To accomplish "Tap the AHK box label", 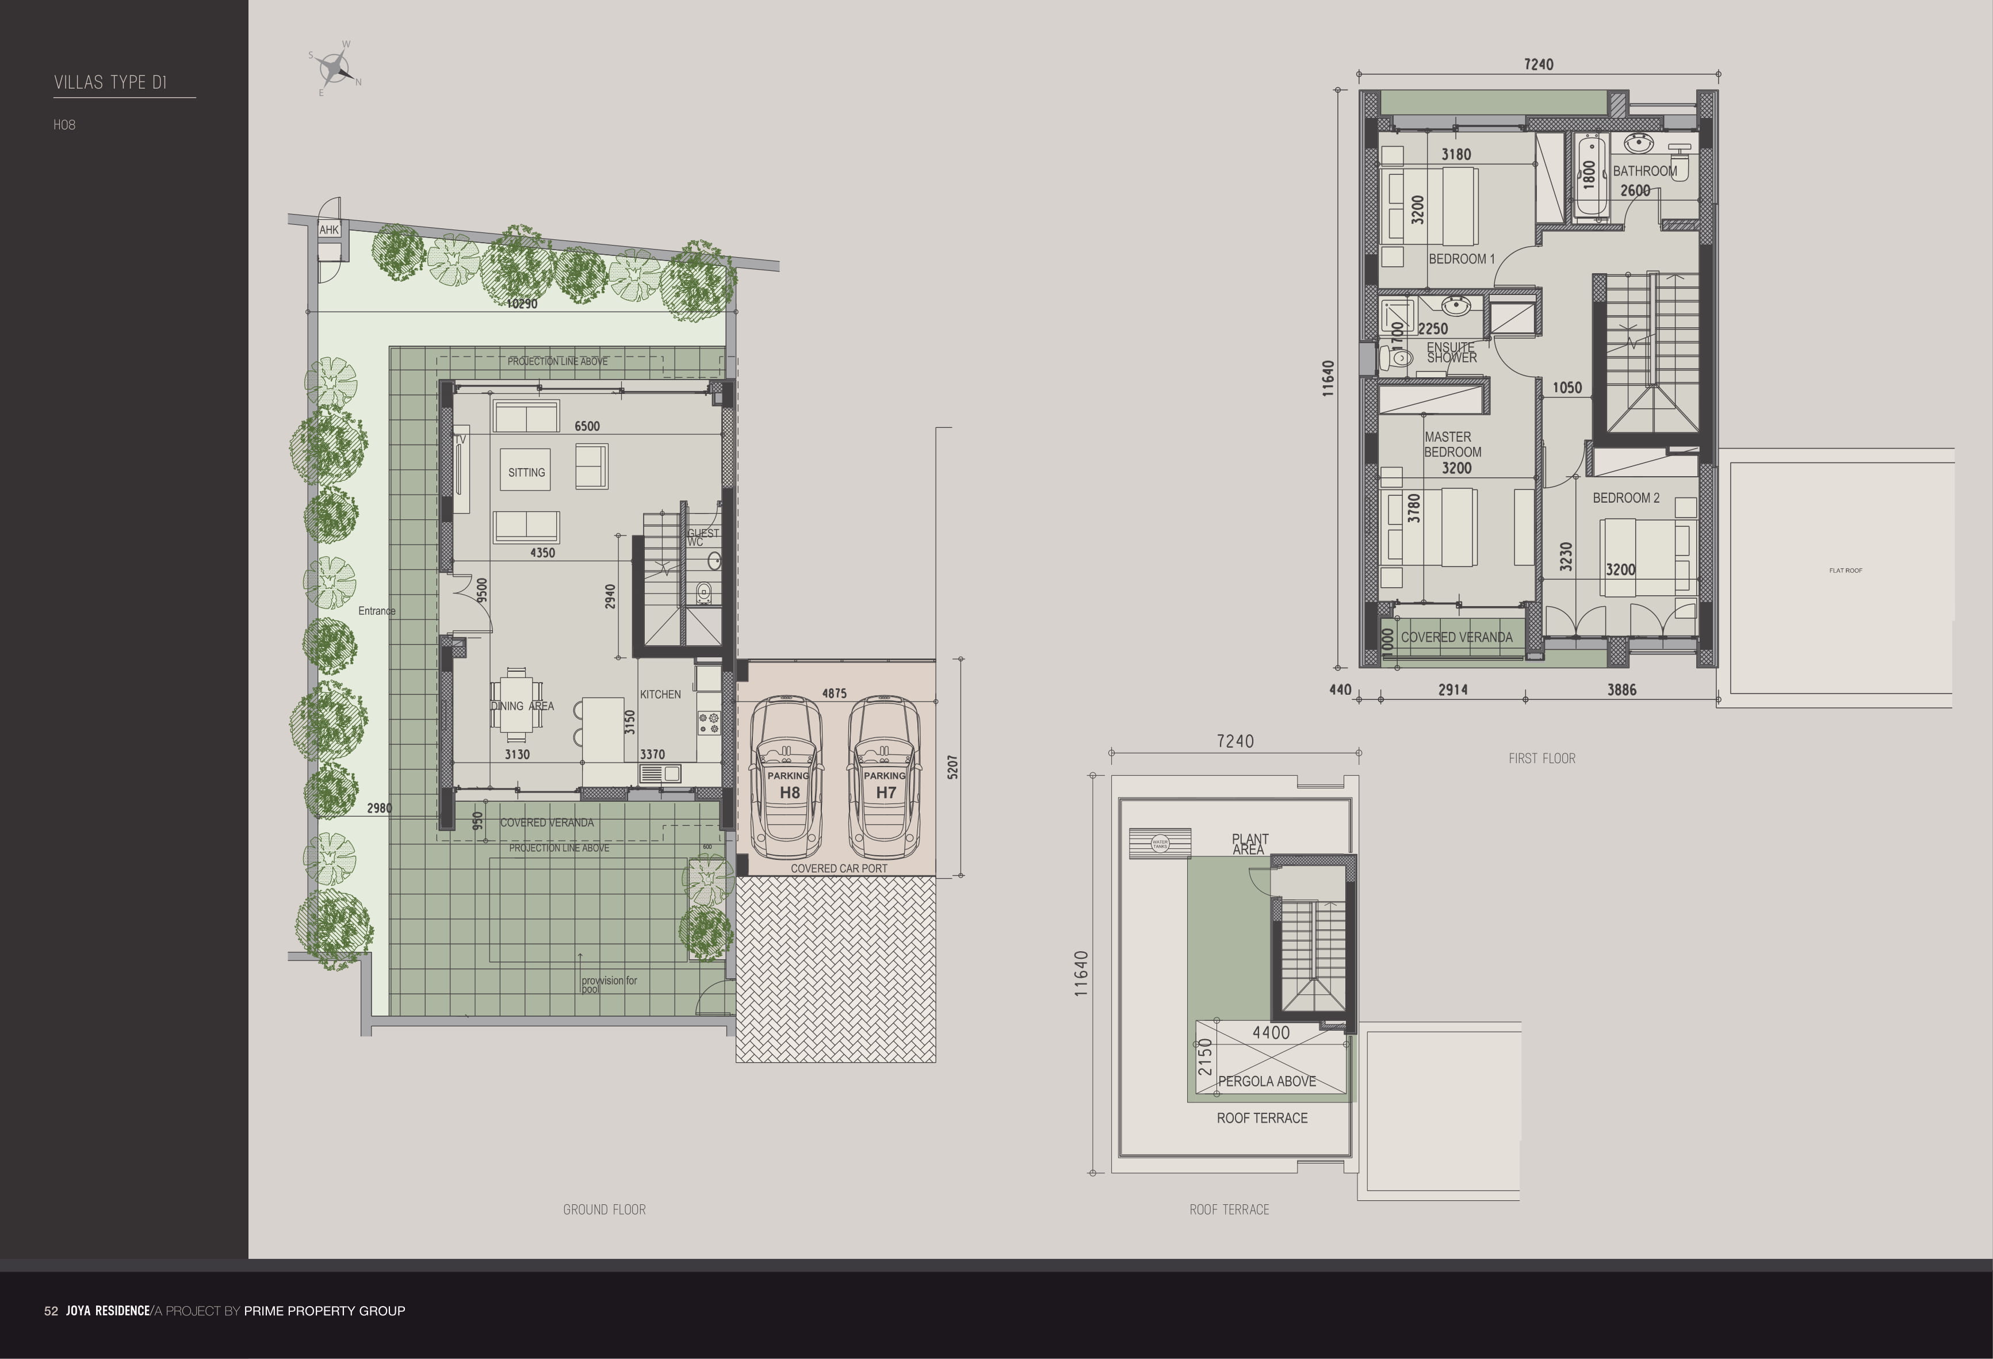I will pyautogui.click(x=330, y=230).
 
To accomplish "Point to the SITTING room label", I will pyautogui.click(x=526, y=472).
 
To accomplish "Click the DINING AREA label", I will pyautogui.click(x=522, y=706).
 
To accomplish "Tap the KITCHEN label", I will pyautogui.click(x=660, y=695).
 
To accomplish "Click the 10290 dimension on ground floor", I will pyautogui.click(x=522, y=304).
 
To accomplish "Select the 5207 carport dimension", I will pyautogui.click(x=952, y=767).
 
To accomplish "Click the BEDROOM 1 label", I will pyautogui.click(x=1462, y=259).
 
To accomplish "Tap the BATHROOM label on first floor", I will pyautogui.click(x=1645, y=171).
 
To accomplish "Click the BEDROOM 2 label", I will pyautogui.click(x=1626, y=498).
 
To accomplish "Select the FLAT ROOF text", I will pyautogui.click(x=1846, y=570).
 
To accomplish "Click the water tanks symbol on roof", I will pyautogui.click(x=1160, y=843).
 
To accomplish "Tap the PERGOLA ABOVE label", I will pyautogui.click(x=1267, y=1081).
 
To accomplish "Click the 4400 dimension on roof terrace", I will pyautogui.click(x=1271, y=1033).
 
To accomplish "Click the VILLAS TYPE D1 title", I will pyautogui.click(x=110, y=82).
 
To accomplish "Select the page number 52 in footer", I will pyautogui.click(x=51, y=1311).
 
